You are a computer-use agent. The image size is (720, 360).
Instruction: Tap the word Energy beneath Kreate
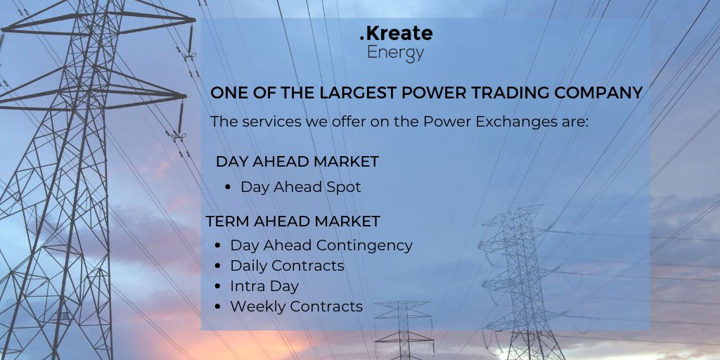tap(396, 53)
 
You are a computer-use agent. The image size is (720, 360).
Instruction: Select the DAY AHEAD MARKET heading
tap(297, 162)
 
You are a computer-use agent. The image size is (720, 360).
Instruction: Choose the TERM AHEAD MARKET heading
tap(292, 221)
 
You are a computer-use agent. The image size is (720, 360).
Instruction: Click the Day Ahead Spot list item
tap(300, 187)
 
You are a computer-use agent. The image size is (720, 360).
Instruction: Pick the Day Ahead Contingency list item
tap(321, 245)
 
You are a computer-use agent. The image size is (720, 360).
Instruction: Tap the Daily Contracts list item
tap(287, 266)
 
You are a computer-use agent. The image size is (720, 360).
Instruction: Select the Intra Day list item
tap(264, 286)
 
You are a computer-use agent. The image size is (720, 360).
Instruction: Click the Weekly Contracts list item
tap(296, 307)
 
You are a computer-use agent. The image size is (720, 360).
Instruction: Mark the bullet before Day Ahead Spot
tap(229, 188)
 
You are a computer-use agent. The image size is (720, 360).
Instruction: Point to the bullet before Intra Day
tap(219, 287)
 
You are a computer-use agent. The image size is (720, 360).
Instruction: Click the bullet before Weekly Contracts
tap(219, 307)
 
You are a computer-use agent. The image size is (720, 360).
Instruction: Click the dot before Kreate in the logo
tap(363, 39)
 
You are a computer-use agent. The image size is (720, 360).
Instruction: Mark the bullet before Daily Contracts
tap(219, 266)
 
